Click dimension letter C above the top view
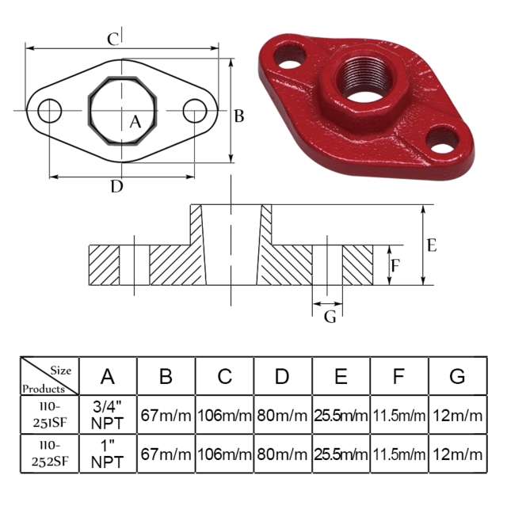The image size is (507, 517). tap(113, 39)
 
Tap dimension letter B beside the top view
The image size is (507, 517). tap(238, 116)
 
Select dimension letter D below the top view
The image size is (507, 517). tap(116, 187)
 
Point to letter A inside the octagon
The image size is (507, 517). tap(135, 122)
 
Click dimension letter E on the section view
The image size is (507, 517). tap(431, 245)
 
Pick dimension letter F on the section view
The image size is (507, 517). tap(395, 265)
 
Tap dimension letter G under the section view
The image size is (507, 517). tap(330, 317)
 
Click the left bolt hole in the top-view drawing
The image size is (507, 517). tap(49, 110)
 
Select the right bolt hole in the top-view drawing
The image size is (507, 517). tap(195, 111)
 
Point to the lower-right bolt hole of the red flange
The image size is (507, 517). tap(444, 141)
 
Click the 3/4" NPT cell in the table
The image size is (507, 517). tap(107, 414)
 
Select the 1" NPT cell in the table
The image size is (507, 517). tap(107, 454)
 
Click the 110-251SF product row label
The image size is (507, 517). tap(49, 414)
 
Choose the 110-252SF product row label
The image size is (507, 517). tap(49, 454)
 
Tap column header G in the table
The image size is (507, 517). tap(457, 376)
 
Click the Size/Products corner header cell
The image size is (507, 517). tap(49, 376)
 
